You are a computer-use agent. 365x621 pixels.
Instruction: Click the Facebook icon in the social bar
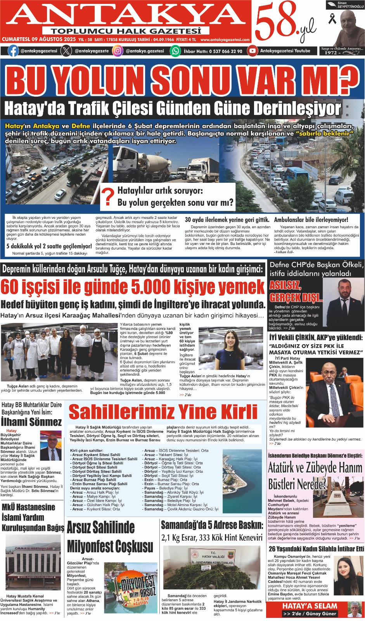coord(13,51)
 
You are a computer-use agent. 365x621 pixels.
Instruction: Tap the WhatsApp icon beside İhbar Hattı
coord(175,51)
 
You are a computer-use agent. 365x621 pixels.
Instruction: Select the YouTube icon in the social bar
coord(253,51)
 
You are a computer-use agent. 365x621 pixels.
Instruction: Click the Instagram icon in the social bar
coord(118,51)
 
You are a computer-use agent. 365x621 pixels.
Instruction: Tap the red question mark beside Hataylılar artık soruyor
coord(108,196)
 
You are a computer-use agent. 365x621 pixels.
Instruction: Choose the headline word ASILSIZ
coord(285,286)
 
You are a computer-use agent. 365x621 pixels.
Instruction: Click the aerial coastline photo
coord(242,480)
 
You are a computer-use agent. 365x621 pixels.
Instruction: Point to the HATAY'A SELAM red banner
coord(310,606)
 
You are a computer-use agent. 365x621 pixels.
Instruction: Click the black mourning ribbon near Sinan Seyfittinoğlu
coord(332,18)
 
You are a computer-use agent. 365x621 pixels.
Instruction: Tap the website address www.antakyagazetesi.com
coord(225,40)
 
